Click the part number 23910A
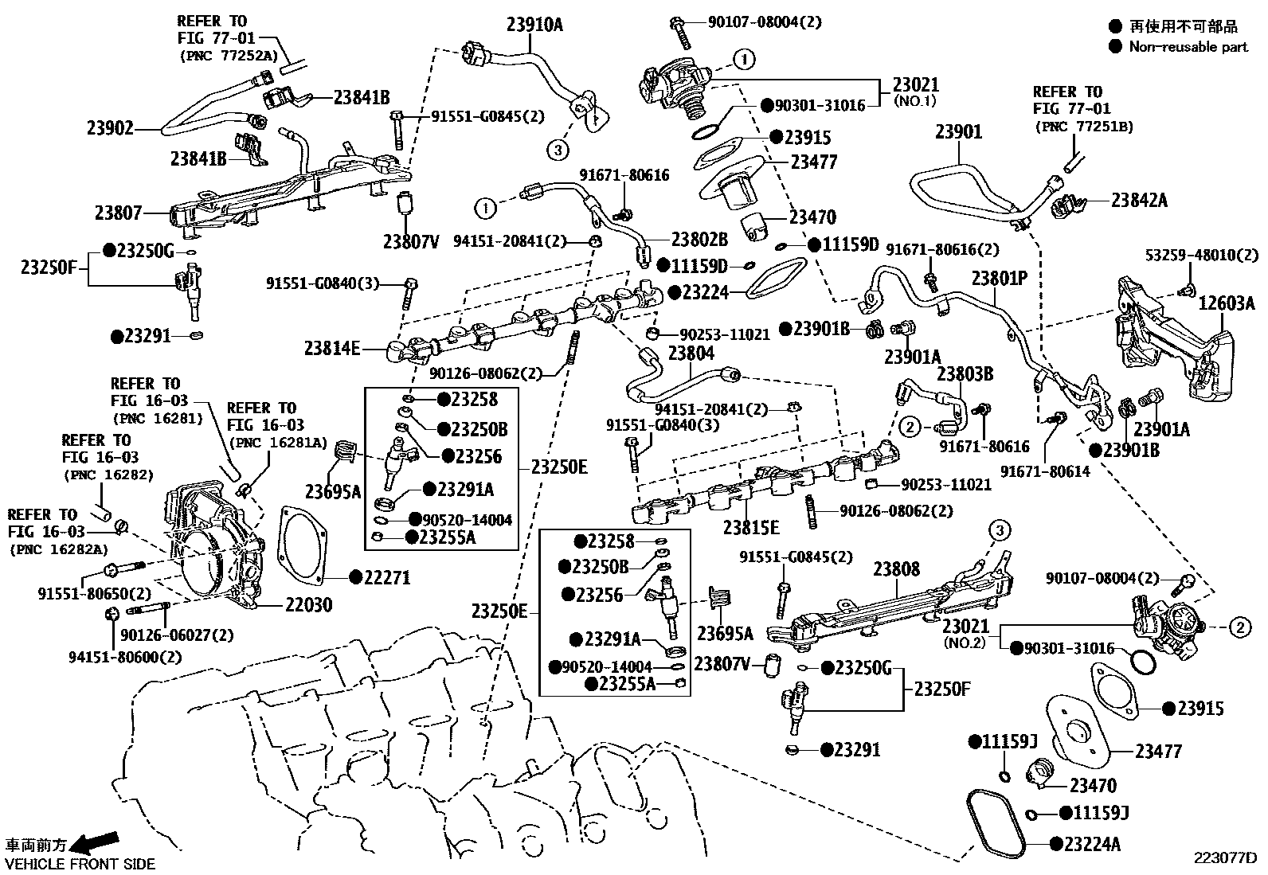[x=534, y=25]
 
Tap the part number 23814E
[x=332, y=348]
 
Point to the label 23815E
[x=751, y=527]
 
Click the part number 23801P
[x=1000, y=279]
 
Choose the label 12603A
[x=1227, y=303]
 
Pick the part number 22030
[x=309, y=605]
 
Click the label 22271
[x=387, y=577]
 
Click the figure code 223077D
[x=1224, y=858]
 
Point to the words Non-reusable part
[x=1188, y=47]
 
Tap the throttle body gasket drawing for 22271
[x=311, y=549]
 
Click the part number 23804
[x=691, y=354]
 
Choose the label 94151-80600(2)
[x=124, y=657]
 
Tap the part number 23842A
[x=1139, y=200]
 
